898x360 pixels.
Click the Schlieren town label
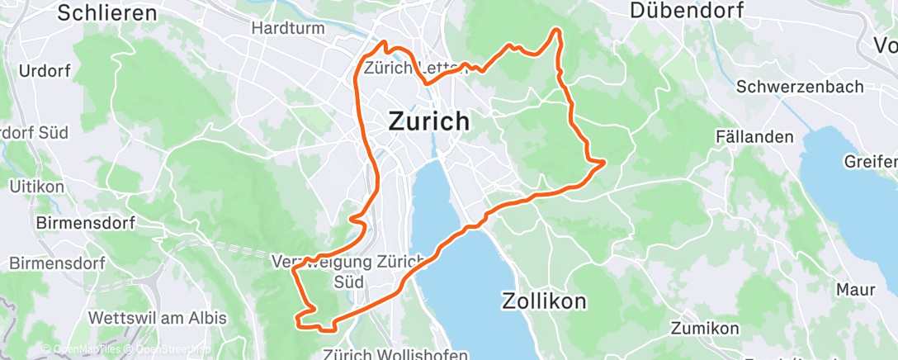pyautogui.click(x=108, y=12)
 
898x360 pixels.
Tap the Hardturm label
pyautogui.click(x=283, y=27)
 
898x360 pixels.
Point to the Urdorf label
pyautogui.click(x=44, y=71)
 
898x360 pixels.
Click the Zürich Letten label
pyautogui.click(x=404, y=68)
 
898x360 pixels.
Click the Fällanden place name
pyautogui.click(x=755, y=136)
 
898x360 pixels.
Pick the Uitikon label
pyautogui.click(x=36, y=187)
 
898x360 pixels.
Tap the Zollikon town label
pyautogui.click(x=544, y=301)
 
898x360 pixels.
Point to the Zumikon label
pyautogui.click(x=706, y=329)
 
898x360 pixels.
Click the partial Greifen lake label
pyautogui.click(x=871, y=161)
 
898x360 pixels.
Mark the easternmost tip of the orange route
pyautogui.click(x=605, y=161)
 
